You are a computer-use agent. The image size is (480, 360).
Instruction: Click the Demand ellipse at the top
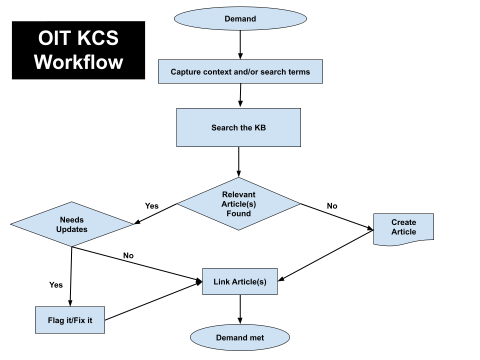[240, 19]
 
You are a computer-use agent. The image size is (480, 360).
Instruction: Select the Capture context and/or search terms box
[240, 71]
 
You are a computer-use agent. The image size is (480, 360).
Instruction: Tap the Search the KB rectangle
[238, 127]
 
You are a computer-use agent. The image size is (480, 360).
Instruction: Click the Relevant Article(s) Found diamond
[238, 204]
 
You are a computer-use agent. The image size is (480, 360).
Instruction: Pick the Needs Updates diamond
[72, 224]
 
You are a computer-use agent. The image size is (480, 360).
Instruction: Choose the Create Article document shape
[403, 228]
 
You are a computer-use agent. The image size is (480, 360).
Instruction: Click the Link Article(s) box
[239, 281]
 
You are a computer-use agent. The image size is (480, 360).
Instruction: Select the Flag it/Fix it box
[70, 320]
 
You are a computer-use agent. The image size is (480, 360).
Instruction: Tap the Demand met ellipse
[240, 337]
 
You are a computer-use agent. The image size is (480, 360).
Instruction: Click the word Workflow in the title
[78, 62]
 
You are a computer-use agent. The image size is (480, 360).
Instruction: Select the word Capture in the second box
[185, 72]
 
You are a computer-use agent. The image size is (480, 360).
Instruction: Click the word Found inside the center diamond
[238, 213]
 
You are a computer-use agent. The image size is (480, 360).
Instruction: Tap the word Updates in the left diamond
[72, 229]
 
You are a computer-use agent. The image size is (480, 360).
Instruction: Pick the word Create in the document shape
[403, 222]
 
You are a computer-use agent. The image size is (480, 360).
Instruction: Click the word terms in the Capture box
[299, 72]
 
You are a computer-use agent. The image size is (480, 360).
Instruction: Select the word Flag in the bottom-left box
[56, 320]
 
